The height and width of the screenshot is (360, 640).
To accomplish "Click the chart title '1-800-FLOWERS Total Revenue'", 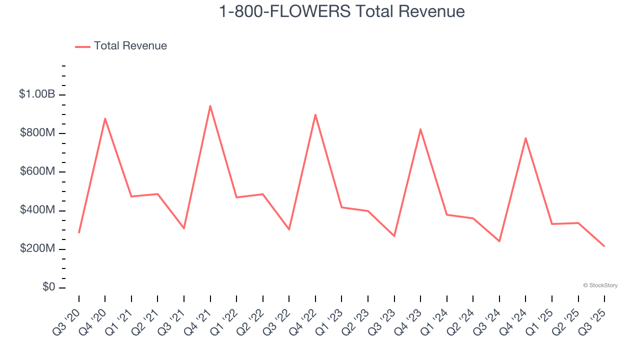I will coord(342,11).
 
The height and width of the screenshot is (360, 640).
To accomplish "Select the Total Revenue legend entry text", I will coord(130,46).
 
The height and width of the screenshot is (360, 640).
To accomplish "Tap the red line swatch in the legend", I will coord(82,46).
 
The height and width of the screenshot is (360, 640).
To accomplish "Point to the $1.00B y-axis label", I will coord(37,94).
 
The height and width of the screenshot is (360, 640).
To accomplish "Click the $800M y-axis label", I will coord(37,133).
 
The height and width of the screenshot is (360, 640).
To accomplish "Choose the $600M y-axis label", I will coord(37,171).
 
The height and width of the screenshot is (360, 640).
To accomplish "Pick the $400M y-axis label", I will coord(37,210).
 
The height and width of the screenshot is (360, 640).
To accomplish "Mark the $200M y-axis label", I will coord(37,248).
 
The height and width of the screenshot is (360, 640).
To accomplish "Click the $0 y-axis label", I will coord(49,287).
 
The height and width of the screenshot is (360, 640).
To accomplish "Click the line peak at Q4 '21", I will coord(210,105).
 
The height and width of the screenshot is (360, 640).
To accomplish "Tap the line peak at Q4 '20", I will coord(105,118).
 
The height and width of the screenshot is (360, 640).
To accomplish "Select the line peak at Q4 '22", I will coord(315,114).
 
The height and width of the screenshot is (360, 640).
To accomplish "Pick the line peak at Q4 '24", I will coord(525,138).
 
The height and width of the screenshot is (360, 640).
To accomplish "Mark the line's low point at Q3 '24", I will coord(499,241).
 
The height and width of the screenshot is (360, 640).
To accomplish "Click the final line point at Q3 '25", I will coord(604,246).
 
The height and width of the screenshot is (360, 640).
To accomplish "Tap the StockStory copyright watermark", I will coord(600,285).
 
